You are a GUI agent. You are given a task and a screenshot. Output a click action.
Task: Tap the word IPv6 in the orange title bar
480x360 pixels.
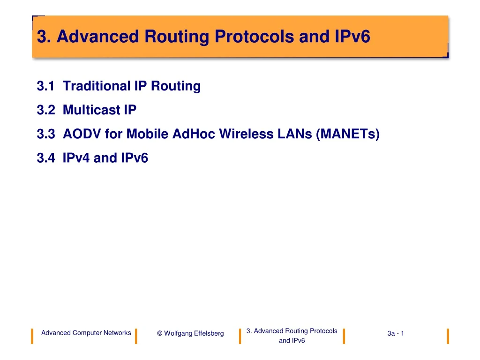click(x=350, y=37)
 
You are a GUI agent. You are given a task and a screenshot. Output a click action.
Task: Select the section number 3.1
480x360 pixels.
click(x=45, y=86)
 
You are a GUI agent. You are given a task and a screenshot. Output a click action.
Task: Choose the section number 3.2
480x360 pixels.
click(x=45, y=110)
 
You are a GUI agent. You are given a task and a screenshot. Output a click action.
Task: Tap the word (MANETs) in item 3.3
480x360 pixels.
click(x=348, y=135)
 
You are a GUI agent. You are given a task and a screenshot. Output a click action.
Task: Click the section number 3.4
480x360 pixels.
click(x=45, y=158)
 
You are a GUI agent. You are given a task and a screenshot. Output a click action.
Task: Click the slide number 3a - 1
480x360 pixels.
click(x=396, y=333)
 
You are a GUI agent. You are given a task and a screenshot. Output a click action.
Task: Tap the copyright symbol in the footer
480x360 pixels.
click(x=160, y=333)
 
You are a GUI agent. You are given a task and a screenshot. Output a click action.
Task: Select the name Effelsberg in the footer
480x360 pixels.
click(x=208, y=333)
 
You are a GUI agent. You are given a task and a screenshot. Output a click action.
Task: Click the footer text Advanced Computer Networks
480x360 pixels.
click(x=86, y=333)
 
